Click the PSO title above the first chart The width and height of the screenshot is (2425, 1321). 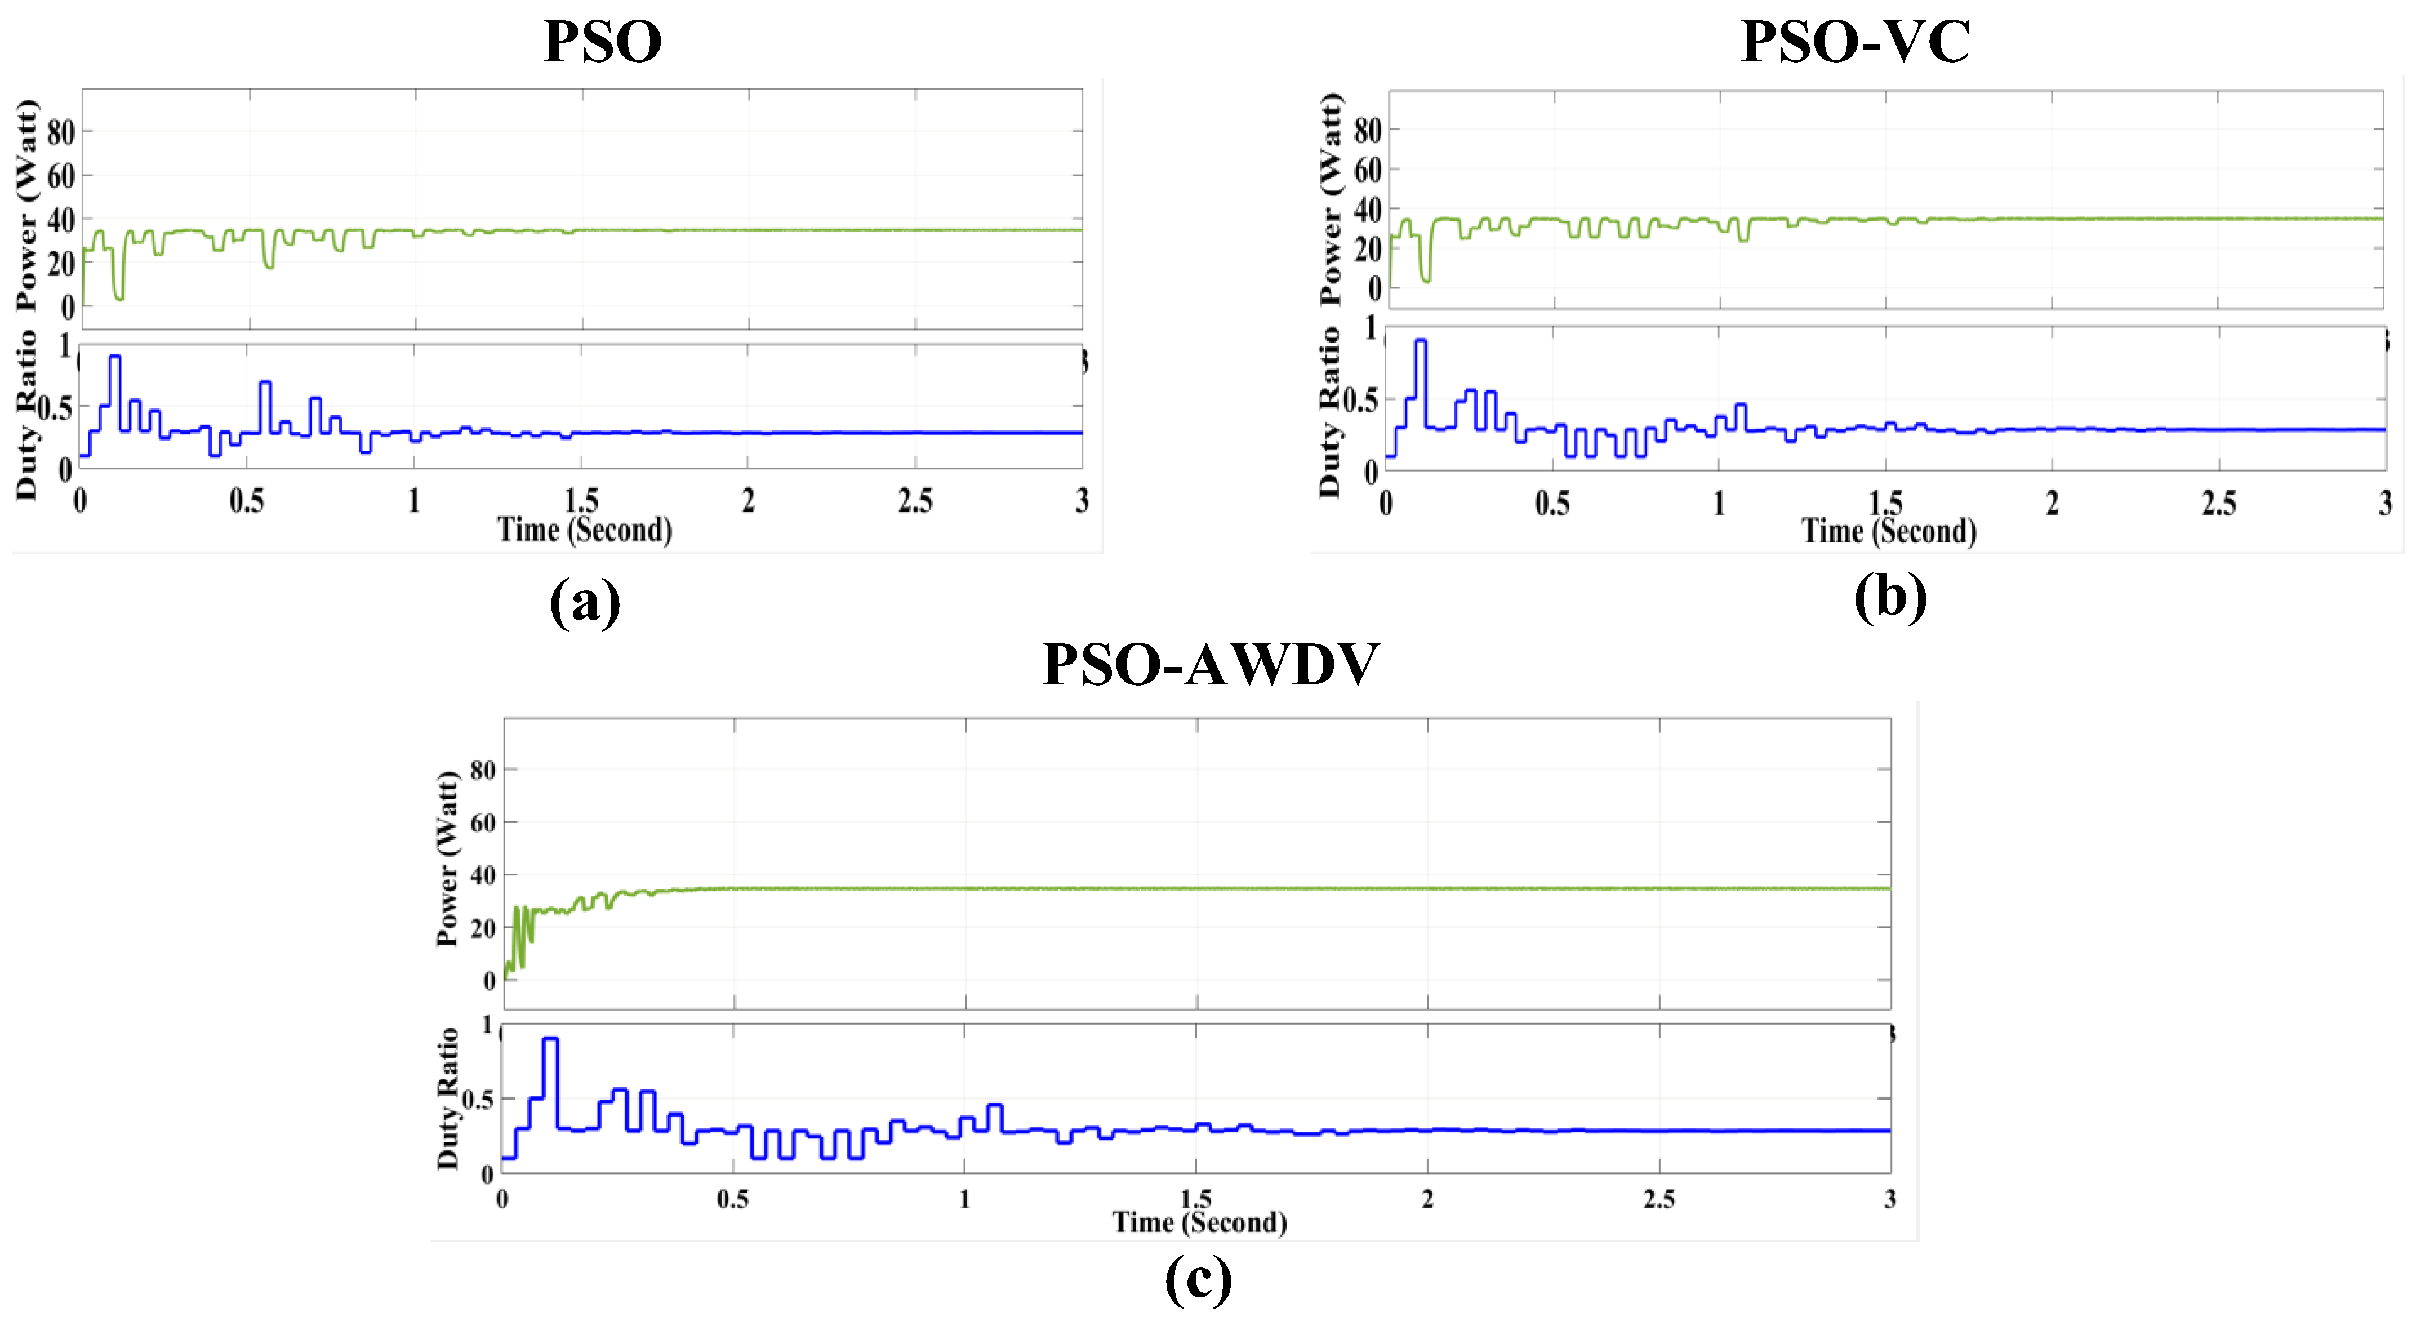[x=603, y=42]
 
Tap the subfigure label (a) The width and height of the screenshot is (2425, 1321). [x=585, y=601]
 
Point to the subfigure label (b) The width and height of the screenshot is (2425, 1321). [x=1889, y=597]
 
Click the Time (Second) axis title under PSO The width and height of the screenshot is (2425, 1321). [x=585, y=530]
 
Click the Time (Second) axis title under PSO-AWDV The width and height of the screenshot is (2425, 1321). [x=1199, y=1222]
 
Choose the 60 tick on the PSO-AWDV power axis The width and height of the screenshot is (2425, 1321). [x=482, y=823]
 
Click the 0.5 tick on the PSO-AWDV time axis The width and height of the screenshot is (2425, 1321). [x=732, y=1199]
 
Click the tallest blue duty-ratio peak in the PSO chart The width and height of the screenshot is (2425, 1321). [x=115, y=358]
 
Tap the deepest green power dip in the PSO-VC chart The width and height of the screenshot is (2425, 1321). [x=1426, y=279]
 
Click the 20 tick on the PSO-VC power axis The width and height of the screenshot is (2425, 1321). [x=1368, y=250]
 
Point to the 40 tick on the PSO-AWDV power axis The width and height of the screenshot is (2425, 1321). [x=482, y=875]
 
